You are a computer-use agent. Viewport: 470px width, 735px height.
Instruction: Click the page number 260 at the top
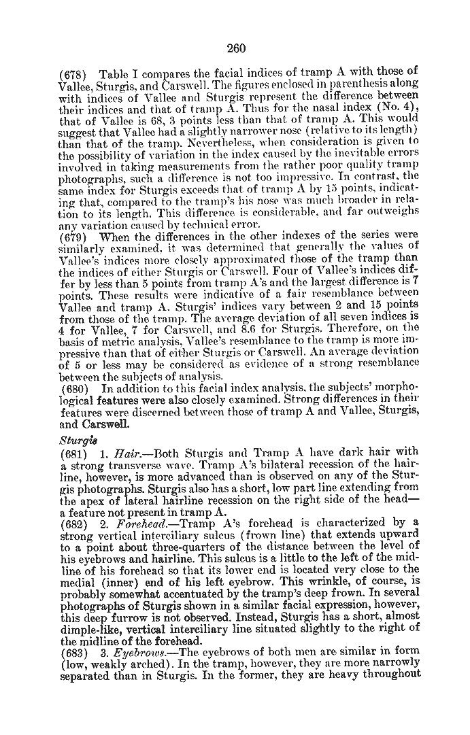click(x=235, y=48)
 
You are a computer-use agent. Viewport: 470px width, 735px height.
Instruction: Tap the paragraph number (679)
click(x=73, y=236)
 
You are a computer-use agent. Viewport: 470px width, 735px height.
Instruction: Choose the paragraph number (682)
click(x=73, y=522)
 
